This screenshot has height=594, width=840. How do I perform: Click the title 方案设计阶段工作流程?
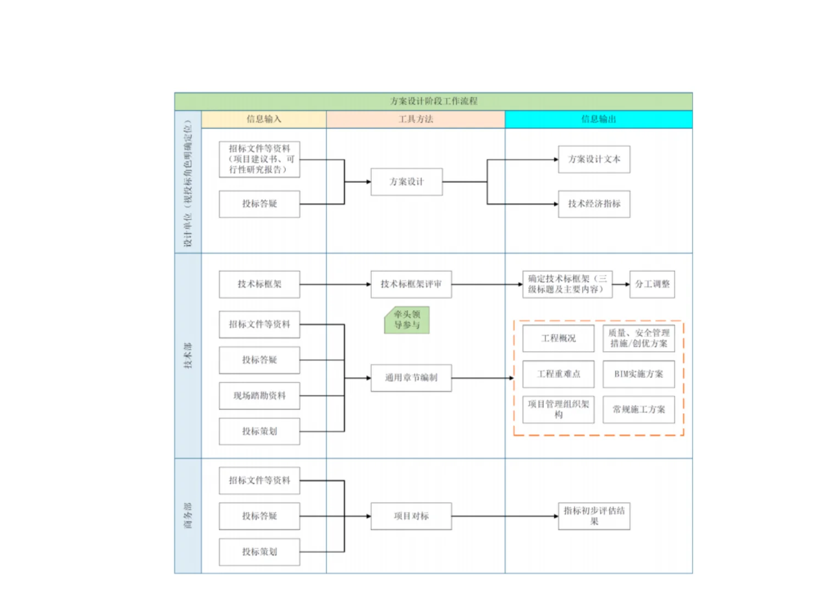433,101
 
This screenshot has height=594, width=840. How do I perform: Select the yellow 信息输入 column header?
264,119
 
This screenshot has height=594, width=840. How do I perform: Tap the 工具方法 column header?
416,119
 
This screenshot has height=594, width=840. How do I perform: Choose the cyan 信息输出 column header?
598,119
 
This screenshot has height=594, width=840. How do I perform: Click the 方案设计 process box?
406,182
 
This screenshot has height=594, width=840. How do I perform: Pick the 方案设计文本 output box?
594,159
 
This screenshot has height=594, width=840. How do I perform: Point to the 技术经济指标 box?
594,204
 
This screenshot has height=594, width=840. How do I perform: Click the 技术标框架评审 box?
411,284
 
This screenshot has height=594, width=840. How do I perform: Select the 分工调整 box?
652,284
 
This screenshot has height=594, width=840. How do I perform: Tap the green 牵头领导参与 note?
407,320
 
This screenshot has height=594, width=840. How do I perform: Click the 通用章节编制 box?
411,378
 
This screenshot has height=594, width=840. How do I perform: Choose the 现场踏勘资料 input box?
259,396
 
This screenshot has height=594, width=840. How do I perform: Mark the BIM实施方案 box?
638,374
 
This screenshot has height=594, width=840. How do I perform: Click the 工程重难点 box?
558,374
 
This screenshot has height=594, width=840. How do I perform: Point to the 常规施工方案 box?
638,410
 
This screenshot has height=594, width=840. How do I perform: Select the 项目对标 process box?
411,516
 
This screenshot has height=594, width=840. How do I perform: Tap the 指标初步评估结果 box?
594,516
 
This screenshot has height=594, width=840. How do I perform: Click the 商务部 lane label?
188,515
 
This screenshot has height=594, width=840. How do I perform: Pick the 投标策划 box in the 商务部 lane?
259,552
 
